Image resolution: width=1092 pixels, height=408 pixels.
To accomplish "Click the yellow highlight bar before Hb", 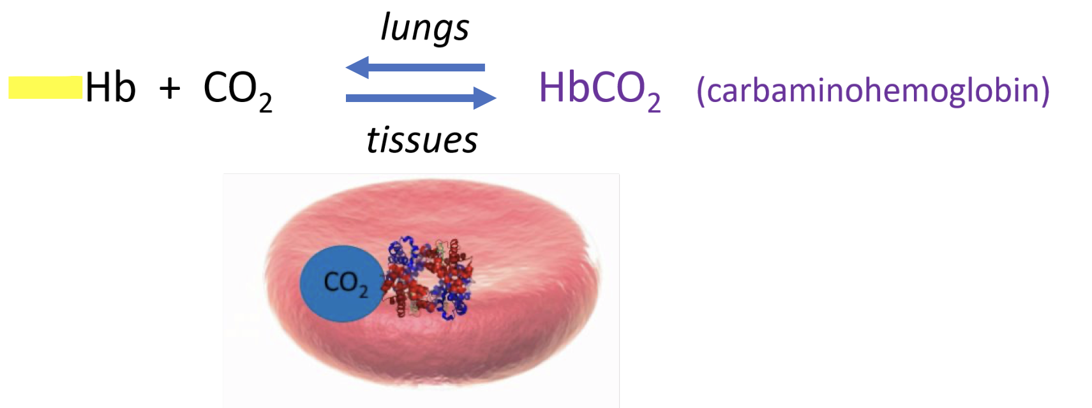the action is [45, 88].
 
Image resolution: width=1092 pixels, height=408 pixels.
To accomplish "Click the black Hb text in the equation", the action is [110, 88].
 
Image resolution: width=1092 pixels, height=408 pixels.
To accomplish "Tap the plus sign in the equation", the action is [170, 88].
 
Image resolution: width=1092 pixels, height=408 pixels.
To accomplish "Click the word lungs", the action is [424, 29].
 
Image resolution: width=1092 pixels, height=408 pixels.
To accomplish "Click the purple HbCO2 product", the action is [599, 90].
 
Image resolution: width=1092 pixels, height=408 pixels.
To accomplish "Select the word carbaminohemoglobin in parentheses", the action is [873, 91].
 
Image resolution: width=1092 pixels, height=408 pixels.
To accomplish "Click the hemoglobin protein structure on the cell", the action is [427, 277].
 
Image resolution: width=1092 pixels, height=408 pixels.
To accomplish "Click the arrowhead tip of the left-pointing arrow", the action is [347, 67].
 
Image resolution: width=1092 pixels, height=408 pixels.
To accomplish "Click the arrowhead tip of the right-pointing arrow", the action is [495, 98].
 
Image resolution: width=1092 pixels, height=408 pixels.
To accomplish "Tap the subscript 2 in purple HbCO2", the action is [654, 102].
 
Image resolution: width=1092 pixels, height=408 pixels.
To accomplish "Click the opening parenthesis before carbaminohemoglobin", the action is [701, 91].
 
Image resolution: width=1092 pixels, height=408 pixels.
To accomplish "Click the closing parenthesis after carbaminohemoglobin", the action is [1045, 91].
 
